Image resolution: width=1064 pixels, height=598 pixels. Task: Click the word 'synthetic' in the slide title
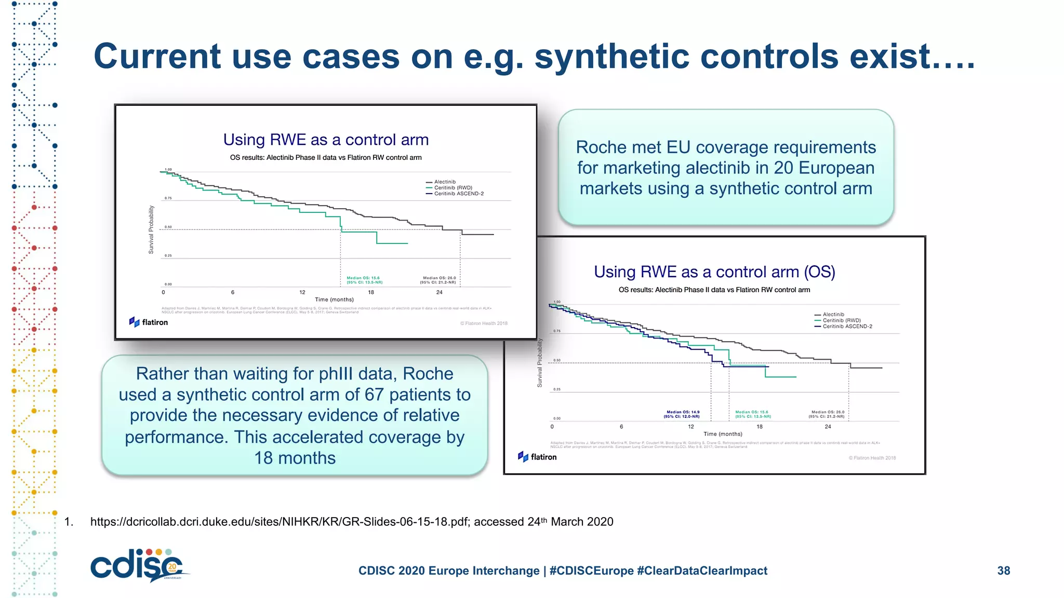pos(612,57)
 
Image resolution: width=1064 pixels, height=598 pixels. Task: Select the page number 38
pos(1003,570)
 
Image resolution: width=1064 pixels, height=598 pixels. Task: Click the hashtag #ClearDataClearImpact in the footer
pos(702,570)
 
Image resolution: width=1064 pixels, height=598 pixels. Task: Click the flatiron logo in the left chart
pos(149,322)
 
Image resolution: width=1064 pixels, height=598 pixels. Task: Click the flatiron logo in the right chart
pos(537,457)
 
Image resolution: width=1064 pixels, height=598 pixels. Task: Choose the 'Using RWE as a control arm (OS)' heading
pos(714,272)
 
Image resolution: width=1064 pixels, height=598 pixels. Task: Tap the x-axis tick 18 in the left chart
pos(371,292)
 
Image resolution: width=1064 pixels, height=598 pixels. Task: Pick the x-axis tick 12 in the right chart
pos(690,427)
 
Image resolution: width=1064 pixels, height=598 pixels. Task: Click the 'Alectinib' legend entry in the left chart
pos(445,182)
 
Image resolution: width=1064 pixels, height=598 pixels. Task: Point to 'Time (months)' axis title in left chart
pos(334,300)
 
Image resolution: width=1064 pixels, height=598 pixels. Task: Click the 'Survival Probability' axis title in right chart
pos(539,363)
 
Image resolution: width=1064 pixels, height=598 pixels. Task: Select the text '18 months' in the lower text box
pos(295,458)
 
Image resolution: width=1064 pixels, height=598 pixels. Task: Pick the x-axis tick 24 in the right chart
pos(828,427)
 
